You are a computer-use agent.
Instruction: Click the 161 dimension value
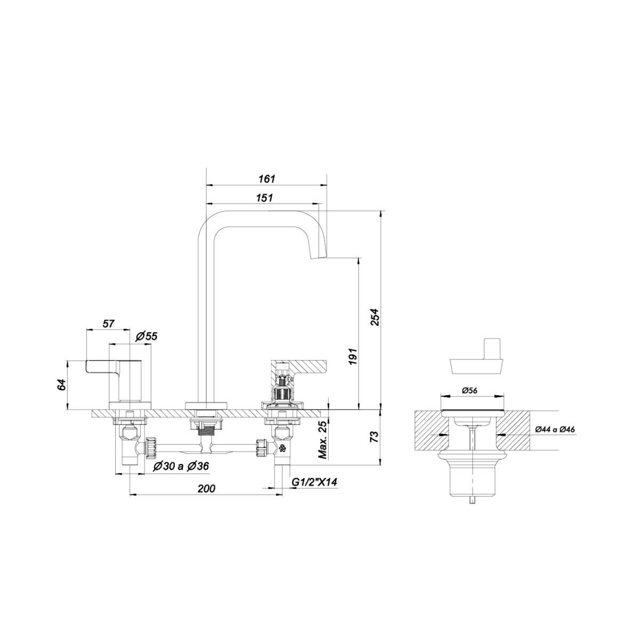267,179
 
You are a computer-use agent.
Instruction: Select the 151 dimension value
265,198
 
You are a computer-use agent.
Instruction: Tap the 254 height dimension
374,317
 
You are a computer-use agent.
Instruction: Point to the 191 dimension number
353,357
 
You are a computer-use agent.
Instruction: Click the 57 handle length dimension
108,324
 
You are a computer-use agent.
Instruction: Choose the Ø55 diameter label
147,337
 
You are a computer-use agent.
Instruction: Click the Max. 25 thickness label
323,440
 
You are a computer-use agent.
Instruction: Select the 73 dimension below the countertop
374,436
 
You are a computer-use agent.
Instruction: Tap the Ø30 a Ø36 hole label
181,466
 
